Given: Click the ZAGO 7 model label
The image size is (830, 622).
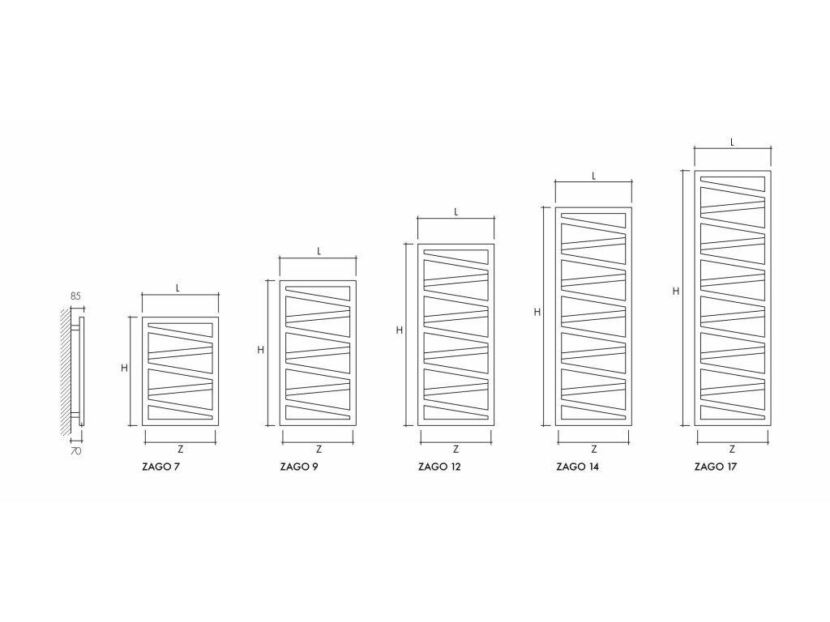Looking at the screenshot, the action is coord(160,467).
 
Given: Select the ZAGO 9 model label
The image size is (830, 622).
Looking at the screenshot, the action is coord(298,467).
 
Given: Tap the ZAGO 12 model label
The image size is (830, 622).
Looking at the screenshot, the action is coord(438,467).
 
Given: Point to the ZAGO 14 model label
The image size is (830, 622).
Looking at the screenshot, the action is coord(577,467).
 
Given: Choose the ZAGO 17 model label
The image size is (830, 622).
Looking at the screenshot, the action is coord(716,467).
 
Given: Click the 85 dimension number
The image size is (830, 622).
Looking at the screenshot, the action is coord(75,297).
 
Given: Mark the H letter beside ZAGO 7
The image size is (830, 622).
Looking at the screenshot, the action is coord(124,368).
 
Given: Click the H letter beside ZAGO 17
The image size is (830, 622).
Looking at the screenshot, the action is coord(675,291).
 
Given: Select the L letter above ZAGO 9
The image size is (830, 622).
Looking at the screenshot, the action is coord(319,251).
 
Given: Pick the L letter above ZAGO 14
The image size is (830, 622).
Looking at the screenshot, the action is coord(594,175).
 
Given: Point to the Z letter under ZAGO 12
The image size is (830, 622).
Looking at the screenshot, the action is coord(456,449).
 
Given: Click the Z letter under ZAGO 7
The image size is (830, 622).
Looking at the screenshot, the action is coord(180,449).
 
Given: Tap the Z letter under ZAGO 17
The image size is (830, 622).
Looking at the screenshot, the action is coord(732,449).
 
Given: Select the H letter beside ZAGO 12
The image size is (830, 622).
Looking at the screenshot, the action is coord(400,330).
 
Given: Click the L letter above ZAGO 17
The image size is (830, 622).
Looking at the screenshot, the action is coord(732,141).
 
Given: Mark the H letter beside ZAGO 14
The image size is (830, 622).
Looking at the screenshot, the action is coord(537,312).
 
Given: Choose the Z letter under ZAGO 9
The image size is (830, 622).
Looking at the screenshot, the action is coord(319,449).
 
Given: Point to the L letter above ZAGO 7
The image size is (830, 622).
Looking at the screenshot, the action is coord(180,288).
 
